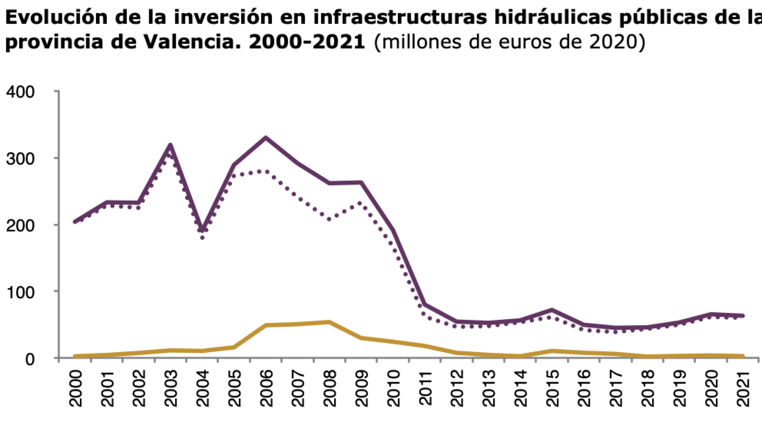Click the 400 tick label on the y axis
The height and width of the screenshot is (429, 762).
20,92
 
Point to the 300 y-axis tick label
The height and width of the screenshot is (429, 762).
20,159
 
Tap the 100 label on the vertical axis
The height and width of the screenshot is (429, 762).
20,293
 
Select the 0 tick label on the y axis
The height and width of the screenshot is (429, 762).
30,359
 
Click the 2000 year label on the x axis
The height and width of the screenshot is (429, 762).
75,388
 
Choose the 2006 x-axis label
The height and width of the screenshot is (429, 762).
266,388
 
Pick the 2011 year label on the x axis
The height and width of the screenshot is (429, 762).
425,388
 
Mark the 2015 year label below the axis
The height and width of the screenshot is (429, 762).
553,388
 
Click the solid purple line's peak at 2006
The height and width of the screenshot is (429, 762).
266,138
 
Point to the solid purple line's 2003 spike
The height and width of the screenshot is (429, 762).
170,145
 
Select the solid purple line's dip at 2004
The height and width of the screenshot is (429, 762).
202,230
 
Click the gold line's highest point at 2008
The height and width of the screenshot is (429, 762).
329,322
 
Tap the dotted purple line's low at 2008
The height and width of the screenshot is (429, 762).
329,219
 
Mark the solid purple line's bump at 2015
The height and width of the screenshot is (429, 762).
552,310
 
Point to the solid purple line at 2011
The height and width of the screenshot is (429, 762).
425,305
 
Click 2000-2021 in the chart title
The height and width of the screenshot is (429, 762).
307,42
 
